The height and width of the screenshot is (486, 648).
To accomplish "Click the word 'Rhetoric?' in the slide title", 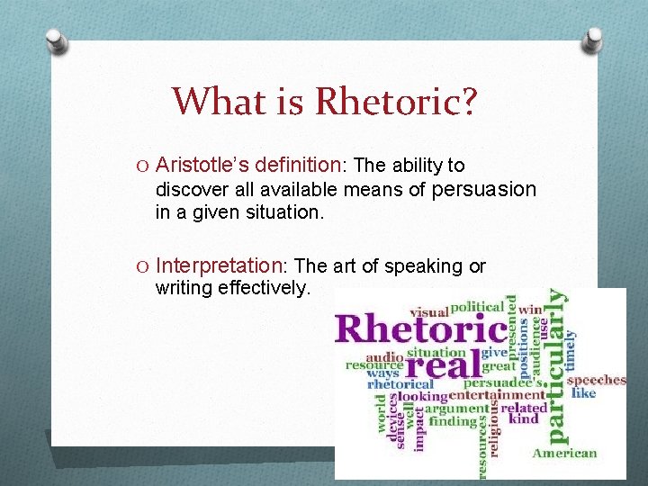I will coord(395,101).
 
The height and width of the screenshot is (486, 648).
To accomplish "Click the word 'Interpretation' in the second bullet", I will coord(219,265).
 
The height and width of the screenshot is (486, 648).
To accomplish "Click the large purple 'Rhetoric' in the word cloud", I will coord(420,328).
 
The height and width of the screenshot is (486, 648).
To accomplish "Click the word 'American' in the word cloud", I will coord(565,453).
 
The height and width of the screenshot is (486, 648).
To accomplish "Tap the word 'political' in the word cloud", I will coord(477,308).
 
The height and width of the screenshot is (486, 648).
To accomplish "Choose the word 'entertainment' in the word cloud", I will coord(496,395).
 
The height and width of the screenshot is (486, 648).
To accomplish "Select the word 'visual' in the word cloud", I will coord(428,311).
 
